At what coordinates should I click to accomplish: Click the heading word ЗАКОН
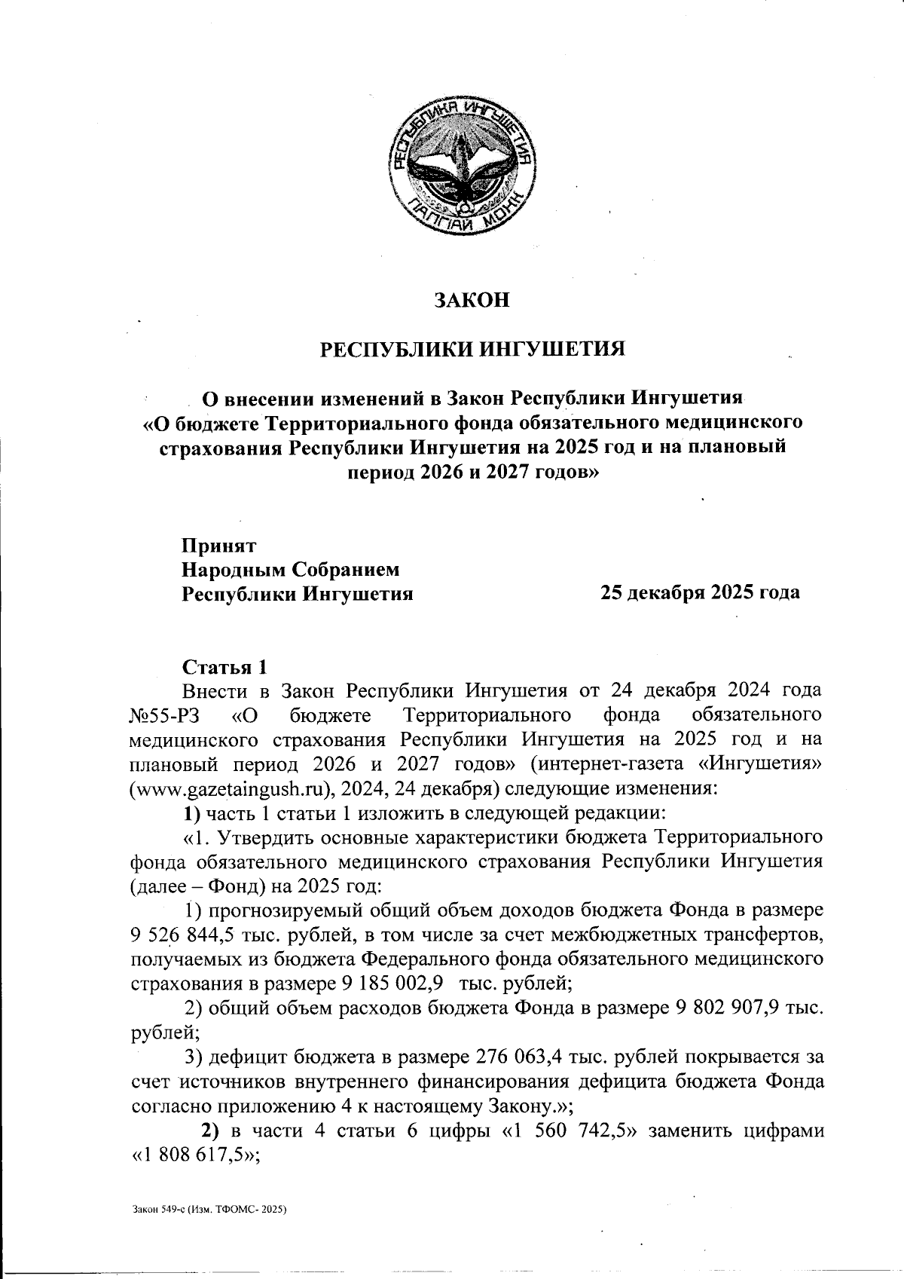click(x=472, y=300)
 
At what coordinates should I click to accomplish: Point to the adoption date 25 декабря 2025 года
click(x=699, y=593)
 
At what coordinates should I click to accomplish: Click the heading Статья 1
click(x=224, y=667)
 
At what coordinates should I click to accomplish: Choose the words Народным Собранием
click(x=291, y=569)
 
